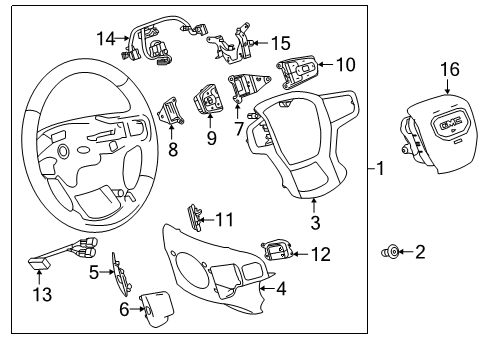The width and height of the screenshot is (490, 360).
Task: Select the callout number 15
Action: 282,43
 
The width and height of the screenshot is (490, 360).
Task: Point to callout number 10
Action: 345,64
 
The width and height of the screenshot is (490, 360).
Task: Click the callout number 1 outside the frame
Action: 382,169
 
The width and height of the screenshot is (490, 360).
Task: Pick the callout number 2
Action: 420,252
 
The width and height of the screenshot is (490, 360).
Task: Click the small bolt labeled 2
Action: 389,252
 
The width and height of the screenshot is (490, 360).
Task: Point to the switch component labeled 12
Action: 278,251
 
